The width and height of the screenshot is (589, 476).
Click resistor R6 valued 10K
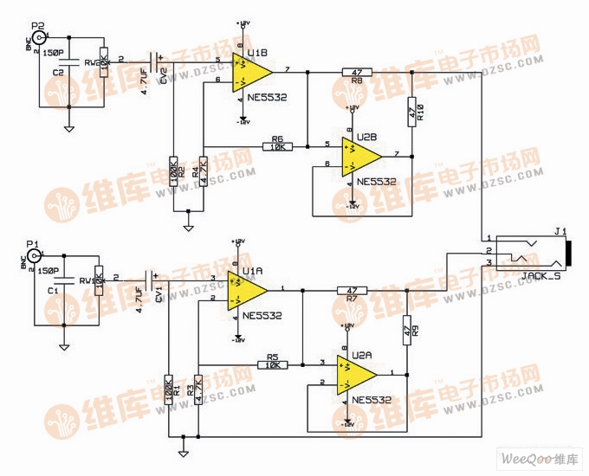[278, 147]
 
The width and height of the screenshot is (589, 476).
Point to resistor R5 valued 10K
[272, 364]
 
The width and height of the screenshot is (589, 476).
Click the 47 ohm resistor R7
[351, 291]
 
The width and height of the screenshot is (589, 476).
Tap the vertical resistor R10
[412, 109]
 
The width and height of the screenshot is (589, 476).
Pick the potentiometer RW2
[103, 61]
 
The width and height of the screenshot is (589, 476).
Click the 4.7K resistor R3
[198, 390]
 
